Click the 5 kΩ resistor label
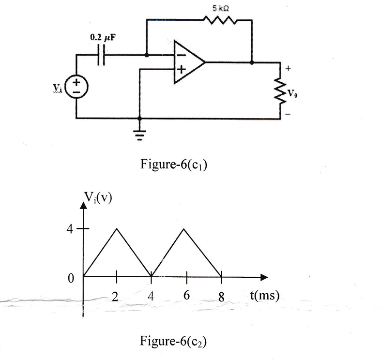click(x=220, y=9)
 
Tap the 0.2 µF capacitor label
click(x=103, y=38)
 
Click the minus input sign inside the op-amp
click(x=181, y=55)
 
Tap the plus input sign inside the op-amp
click(x=181, y=70)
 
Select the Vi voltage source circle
click(x=76, y=87)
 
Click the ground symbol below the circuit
click(x=139, y=135)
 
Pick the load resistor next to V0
click(x=280, y=91)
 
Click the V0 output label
click(x=292, y=93)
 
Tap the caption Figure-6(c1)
click(x=173, y=164)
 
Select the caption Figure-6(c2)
click(x=173, y=341)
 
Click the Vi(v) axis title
click(x=98, y=197)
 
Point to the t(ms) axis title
click(x=265, y=295)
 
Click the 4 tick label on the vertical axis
click(x=70, y=229)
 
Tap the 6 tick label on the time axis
click(x=186, y=295)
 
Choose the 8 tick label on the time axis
click(x=221, y=297)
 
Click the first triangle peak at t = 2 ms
click(x=117, y=228)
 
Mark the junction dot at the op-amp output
click(x=252, y=63)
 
